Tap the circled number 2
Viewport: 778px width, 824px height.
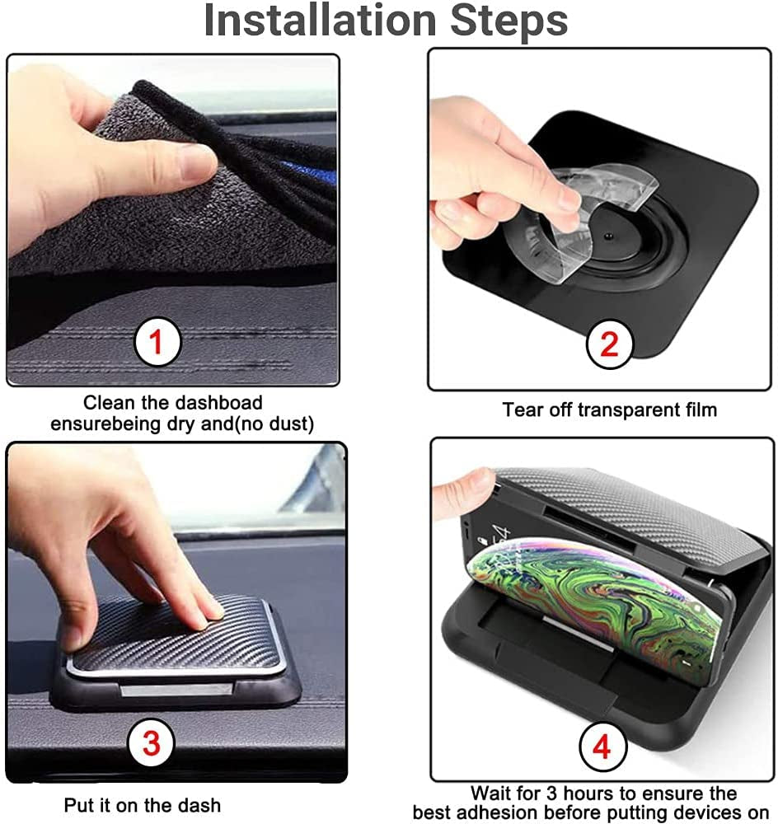pos(608,344)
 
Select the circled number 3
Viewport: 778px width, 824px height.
pos(151,744)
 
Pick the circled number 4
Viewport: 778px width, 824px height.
pos(602,748)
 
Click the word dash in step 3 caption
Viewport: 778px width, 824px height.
pos(201,805)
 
